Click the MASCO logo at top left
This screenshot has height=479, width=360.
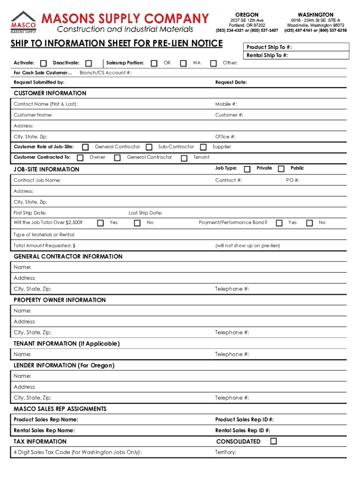23,22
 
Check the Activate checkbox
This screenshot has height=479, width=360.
43,63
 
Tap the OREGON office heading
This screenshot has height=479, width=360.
246,15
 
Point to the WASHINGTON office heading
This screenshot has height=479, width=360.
315,15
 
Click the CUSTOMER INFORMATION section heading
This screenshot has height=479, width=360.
50,93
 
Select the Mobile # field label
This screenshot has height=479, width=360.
226,104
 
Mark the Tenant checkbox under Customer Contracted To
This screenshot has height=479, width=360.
184,158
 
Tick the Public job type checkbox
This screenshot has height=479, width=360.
281,168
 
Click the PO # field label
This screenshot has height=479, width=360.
293,181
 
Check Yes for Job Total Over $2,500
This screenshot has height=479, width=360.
100,223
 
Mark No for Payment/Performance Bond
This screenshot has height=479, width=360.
309,223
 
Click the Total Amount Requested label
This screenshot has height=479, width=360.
44,246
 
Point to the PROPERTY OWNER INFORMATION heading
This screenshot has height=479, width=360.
60,300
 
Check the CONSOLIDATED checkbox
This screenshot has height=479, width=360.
273,441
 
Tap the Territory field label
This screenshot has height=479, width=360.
225,452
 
